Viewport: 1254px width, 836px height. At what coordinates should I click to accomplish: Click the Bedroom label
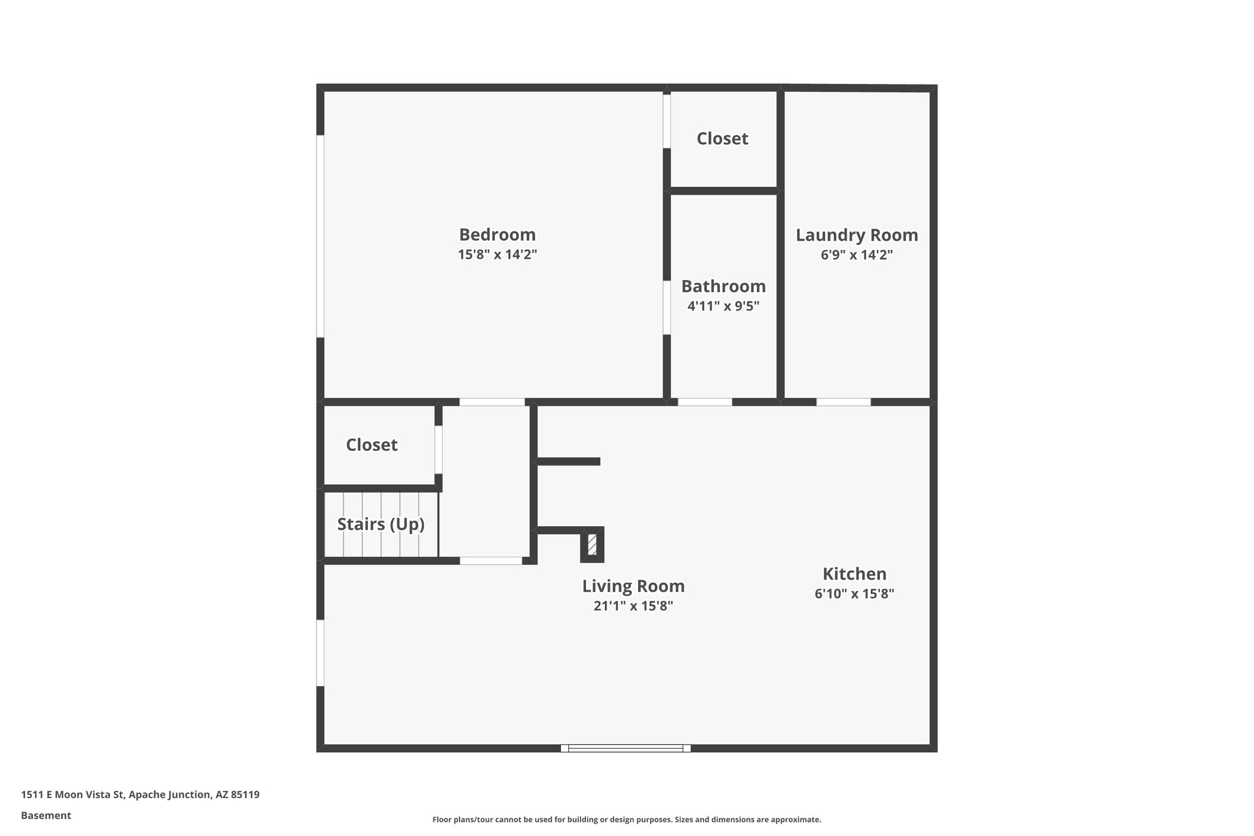click(x=497, y=235)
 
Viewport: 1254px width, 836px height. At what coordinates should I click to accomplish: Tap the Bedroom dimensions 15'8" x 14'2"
click(x=497, y=255)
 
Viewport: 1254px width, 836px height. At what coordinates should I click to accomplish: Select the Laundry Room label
click(x=857, y=235)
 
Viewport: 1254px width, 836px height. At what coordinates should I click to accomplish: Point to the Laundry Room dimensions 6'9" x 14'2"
click(x=857, y=255)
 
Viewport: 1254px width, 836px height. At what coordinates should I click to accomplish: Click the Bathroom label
click(x=723, y=286)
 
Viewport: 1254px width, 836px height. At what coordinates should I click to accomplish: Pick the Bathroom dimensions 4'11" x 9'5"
click(x=723, y=306)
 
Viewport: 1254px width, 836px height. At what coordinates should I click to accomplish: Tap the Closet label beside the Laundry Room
click(x=722, y=138)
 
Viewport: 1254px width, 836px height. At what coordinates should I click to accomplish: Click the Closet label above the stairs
click(x=372, y=445)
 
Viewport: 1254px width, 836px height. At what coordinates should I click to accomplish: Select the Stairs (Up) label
click(x=381, y=524)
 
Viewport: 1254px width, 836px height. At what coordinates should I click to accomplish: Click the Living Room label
click(x=633, y=586)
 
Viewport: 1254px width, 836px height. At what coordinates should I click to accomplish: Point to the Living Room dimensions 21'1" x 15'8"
click(x=633, y=606)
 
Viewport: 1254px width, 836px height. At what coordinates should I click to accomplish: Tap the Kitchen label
click(x=854, y=574)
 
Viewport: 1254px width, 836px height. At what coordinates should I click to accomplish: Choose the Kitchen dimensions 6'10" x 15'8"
click(x=854, y=593)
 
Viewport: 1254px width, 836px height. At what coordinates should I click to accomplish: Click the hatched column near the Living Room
click(x=592, y=544)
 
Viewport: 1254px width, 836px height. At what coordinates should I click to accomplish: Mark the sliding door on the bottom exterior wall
click(x=625, y=748)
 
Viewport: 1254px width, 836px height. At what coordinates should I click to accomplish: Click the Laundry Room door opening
click(x=843, y=402)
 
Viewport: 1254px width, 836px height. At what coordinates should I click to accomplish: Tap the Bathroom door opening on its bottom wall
click(x=705, y=402)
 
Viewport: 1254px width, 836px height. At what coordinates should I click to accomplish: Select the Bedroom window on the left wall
click(x=320, y=236)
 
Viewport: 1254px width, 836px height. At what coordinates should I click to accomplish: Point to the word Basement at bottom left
click(x=46, y=815)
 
